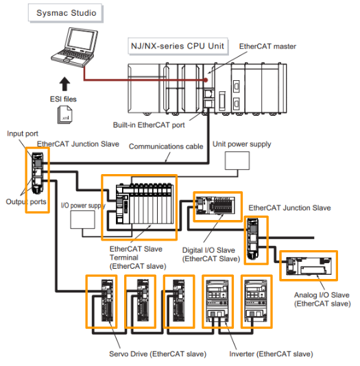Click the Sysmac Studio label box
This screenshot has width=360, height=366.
[x=65, y=13]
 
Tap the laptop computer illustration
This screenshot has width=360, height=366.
[x=74, y=47]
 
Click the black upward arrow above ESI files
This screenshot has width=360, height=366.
[x=64, y=84]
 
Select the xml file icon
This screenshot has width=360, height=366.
[x=64, y=114]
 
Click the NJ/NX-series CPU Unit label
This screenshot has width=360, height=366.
[x=178, y=46]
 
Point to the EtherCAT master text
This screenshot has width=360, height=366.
[x=267, y=46]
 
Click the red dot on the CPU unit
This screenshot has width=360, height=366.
[x=206, y=80]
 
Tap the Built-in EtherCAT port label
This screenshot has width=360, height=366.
[x=149, y=125]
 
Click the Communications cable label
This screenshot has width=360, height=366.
[x=166, y=147]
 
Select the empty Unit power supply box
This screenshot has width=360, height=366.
[x=237, y=160]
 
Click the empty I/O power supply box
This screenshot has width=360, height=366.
[x=83, y=219]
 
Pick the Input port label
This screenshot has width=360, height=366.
[x=23, y=134]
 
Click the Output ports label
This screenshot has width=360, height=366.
[x=26, y=202]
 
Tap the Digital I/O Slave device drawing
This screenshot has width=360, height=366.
[x=215, y=206]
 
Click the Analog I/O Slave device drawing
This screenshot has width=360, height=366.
[x=309, y=266]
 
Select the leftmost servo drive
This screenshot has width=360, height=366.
[x=107, y=301]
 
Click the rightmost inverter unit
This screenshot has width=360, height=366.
[x=256, y=301]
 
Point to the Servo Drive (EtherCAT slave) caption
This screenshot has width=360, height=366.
[x=158, y=354]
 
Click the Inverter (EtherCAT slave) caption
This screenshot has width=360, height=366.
[x=271, y=354]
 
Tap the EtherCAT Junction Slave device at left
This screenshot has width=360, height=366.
[x=37, y=173]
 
